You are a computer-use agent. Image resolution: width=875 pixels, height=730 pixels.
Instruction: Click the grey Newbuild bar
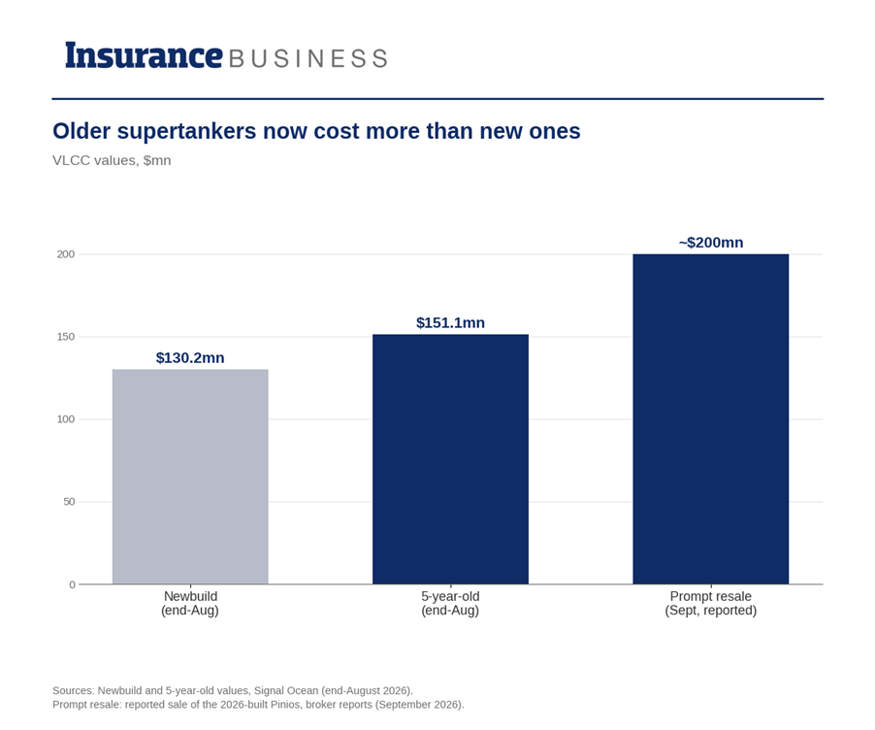[190, 477]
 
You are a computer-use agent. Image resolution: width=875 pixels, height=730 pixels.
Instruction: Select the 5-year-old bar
[450, 459]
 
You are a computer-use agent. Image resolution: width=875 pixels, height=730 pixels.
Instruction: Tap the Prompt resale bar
[711, 419]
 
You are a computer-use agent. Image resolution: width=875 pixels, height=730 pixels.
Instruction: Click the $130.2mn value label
[190, 357]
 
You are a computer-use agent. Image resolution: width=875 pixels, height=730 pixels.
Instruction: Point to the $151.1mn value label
[450, 323]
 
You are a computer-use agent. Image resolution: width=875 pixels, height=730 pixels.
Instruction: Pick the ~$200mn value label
[711, 243]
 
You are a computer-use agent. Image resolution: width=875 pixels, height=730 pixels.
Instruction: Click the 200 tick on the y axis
[65, 254]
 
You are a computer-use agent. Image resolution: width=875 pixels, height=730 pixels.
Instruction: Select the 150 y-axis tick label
[65, 337]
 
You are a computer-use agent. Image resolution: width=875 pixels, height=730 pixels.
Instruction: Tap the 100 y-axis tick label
[65, 419]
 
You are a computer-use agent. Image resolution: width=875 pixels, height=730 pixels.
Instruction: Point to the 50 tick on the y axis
[69, 502]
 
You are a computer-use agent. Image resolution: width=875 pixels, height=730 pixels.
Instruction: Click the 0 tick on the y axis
[72, 584]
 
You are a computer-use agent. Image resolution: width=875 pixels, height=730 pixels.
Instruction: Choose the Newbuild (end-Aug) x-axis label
[190, 603]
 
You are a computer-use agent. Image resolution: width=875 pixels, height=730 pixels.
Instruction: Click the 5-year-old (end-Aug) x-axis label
[450, 603]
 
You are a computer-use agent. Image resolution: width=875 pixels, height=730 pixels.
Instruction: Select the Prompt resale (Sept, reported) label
[711, 603]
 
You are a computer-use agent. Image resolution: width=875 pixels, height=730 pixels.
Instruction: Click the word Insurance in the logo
[144, 56]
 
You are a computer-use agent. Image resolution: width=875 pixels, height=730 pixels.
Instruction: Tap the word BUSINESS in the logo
[308, 58]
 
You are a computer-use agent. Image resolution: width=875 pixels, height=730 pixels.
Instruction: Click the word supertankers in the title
[187, 132]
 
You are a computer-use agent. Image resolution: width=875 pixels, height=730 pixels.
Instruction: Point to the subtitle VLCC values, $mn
[112, 160]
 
